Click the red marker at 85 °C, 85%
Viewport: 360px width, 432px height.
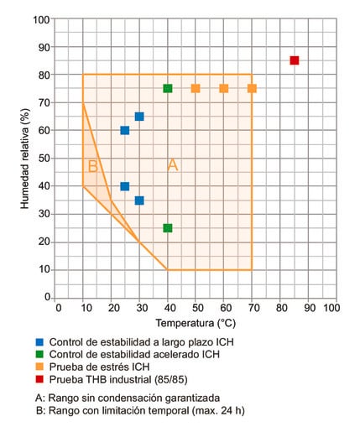(x=295, y=60)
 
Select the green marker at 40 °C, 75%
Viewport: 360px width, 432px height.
(x=168, y=88)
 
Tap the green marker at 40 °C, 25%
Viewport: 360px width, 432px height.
(x=168, y=228)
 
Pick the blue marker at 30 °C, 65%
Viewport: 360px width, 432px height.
(x=139, y=117)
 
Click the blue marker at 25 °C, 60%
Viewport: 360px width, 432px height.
(x=125, y=130)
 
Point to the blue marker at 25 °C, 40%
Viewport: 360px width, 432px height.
(x=125, y=186)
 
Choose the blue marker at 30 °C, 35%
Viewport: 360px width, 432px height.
(x=139, y=200)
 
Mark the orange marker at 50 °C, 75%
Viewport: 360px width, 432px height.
(x=196, y=88)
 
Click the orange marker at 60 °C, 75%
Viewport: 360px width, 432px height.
(x=224, y=88)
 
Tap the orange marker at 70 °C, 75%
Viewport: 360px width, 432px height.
(x=252, y=88)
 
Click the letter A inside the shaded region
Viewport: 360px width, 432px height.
(x=173, y=165)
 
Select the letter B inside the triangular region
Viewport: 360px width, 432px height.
(x=92, y=166)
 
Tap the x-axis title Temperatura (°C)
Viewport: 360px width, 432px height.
(x=194, y=322)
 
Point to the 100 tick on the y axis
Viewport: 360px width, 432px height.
(x=40, y=18)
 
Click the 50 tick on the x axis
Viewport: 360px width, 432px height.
(x=196, y=307)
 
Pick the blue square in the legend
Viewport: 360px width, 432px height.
(x=40, y=342)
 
